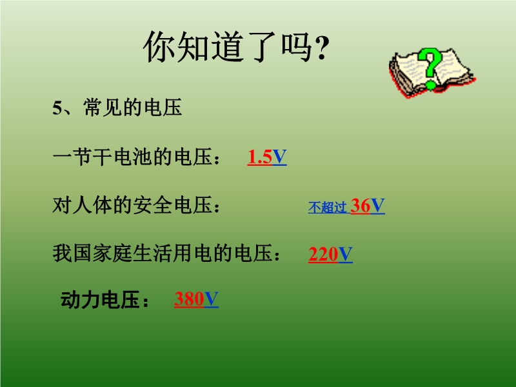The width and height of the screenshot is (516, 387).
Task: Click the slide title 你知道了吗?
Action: click(x=236, y=46)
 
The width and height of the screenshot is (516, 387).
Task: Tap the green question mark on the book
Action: click(x=430, y=68)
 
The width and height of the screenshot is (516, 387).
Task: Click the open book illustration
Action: click(x=432, y=73)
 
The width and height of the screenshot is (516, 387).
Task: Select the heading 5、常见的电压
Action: click(x=117, y=107)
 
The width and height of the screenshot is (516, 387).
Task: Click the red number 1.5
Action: click(x=260, y=157)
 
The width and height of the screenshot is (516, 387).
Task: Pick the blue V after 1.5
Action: click(x=279, y=157)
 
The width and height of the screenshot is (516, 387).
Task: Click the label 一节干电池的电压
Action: click(x=132, y=157)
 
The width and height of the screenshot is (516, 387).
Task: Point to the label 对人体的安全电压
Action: click(x=132, y=205)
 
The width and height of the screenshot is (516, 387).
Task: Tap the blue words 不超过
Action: click(x=327, y=207)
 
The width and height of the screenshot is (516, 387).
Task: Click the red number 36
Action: click(x=361, y=206)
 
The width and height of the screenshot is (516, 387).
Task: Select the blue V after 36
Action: click(x=378, y=206)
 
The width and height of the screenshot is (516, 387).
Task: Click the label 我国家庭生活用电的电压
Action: click(x=163, y=253)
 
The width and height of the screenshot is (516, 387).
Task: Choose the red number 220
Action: click(x=323, y=255)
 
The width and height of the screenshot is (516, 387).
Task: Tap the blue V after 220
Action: click(x=346, y=255)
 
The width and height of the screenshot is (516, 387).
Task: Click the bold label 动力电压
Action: click(x=100, y=299)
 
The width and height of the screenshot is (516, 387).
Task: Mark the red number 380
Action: click(x=189, y=299)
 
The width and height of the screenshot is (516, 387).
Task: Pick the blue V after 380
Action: click(x=212, y=299)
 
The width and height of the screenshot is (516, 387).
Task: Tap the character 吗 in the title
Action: click(x=296, y=46)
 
